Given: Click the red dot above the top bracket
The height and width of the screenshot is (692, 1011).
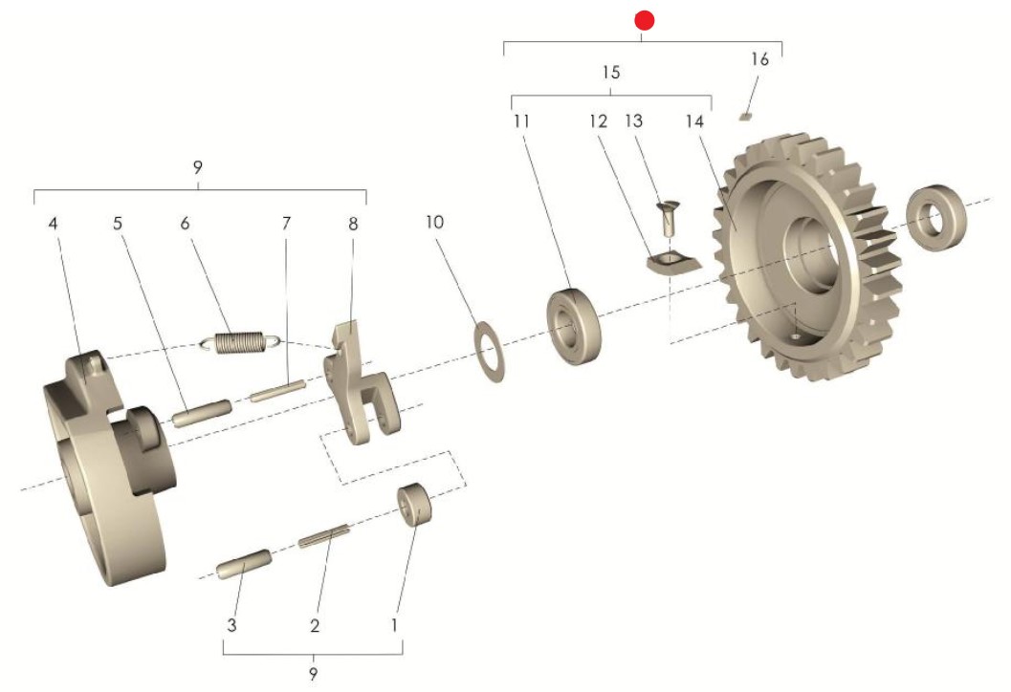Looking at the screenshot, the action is (644, 21).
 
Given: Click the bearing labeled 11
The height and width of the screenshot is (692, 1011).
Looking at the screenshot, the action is (573, 327).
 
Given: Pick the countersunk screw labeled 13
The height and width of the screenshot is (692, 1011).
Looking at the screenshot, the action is (666, 218).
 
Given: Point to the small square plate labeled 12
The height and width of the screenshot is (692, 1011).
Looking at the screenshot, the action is (672, 263).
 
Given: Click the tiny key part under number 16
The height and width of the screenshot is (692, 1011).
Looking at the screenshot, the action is (745, 118).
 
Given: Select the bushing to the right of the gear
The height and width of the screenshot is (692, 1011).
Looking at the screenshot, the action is (936, 218).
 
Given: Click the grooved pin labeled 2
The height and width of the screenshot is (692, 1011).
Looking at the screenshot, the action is (324, 537).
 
